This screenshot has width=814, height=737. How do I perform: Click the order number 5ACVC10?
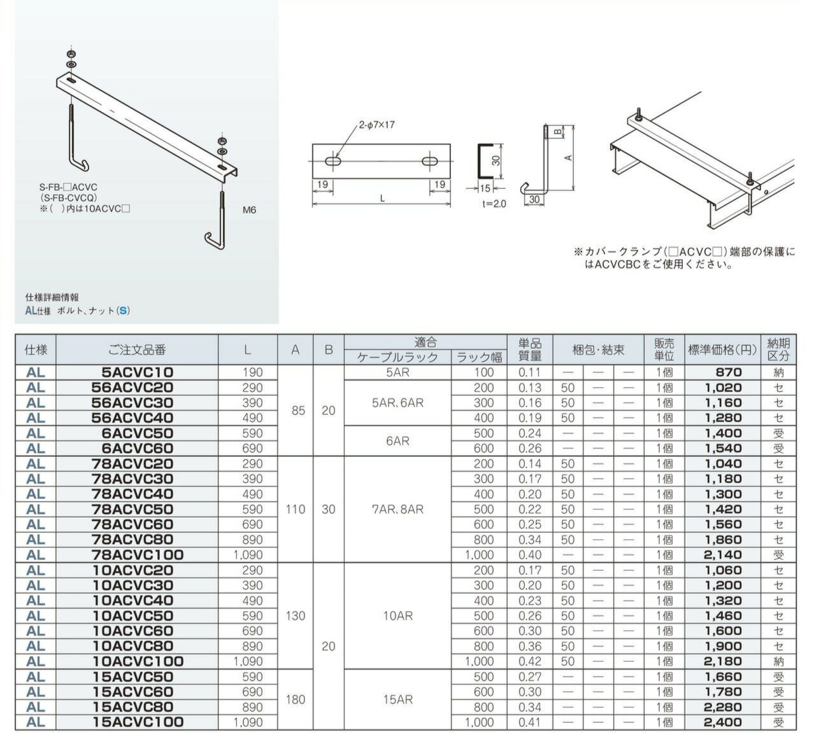click(137, 372)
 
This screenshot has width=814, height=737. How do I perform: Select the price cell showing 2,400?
click(723, 722)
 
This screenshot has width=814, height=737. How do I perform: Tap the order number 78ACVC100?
click(137, 555)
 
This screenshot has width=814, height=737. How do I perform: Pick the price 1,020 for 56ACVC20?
click(723, 388)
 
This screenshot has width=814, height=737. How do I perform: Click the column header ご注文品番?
click(137, 349)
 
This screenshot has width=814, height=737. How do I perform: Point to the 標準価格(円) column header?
click(722, 349)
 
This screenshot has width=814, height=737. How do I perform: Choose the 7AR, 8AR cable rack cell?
click(397, 509)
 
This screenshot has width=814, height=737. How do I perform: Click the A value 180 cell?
click(296, 699)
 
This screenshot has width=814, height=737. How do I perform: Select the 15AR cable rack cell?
click(397, 699)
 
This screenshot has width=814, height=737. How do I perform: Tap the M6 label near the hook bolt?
click(249, 210)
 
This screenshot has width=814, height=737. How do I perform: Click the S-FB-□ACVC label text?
click(68, 188)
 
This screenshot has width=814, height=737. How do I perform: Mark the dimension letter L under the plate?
click(382, 199)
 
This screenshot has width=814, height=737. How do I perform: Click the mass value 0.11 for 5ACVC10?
click(529, 372)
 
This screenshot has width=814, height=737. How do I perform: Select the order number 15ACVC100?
click(137, 722)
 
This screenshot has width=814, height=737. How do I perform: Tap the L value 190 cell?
click(252, 372)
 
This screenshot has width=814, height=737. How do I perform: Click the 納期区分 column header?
click(778, 349)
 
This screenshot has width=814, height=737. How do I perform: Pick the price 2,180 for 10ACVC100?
click(723, 661)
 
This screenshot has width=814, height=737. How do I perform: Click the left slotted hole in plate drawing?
click(334, 162)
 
